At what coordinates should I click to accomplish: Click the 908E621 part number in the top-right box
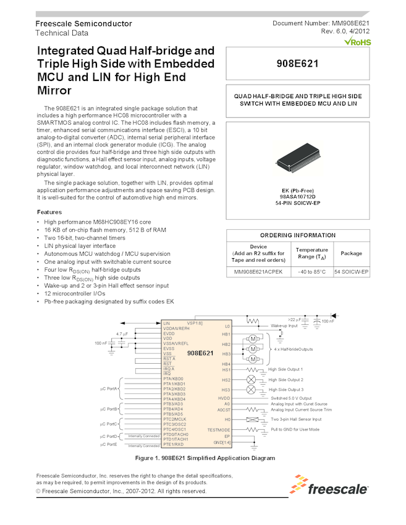298,63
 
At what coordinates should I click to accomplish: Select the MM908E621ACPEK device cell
258,272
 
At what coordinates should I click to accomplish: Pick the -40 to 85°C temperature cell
311,272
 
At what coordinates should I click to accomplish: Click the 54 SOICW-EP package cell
351,272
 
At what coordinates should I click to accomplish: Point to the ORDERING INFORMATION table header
298,235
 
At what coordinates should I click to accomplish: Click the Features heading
53,212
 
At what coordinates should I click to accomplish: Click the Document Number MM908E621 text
321,23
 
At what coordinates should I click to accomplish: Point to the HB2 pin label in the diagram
226,344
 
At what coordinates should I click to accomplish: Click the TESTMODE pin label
219,429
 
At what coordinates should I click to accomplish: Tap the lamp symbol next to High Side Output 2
251,380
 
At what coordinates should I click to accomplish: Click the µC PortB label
109,409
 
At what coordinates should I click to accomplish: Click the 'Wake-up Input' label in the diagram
285,325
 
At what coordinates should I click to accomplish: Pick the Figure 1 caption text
204,459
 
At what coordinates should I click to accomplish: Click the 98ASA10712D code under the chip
298,196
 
